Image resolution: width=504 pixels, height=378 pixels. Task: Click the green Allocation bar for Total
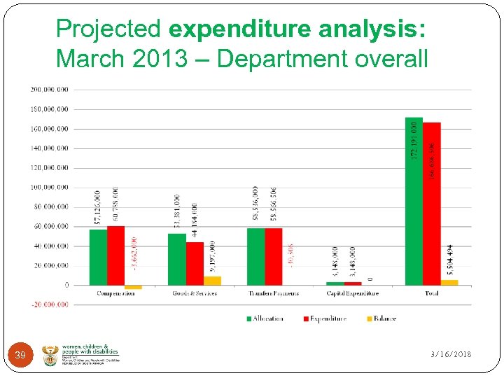414,203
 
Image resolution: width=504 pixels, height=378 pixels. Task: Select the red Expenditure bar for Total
431,204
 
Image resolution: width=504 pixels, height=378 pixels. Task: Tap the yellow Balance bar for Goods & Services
212,281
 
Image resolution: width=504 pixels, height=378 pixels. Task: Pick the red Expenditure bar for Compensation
115,255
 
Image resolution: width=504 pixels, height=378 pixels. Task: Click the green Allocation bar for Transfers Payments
255,256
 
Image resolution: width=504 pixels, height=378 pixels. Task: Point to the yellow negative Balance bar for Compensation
133,287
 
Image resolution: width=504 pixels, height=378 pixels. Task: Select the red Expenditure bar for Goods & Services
195,263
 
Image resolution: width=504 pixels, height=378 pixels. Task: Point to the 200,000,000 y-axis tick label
49,90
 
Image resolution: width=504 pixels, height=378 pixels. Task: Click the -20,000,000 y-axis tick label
49,304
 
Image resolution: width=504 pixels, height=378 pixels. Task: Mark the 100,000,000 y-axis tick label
49,188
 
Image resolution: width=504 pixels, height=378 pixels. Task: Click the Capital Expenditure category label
352,293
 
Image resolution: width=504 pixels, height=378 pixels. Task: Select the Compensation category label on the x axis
115,293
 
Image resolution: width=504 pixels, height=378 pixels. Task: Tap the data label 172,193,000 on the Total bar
414,139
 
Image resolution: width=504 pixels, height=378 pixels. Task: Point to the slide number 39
20,356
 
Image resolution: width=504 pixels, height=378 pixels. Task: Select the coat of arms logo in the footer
51,355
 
